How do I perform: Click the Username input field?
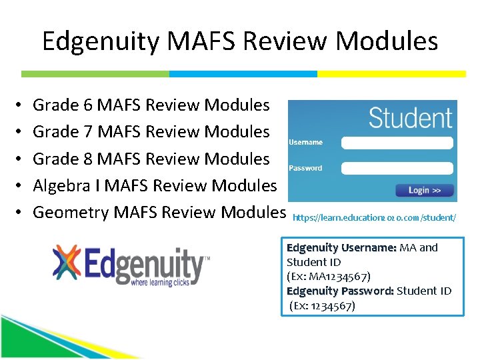point(397,143)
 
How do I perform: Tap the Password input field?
point(397,168)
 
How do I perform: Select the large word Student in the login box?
point(410,119)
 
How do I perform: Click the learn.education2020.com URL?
point(375,218)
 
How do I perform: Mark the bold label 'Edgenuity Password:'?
point(340,291)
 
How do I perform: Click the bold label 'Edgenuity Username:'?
point(341,247)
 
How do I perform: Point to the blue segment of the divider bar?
point(243,73)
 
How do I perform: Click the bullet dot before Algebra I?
point(19,186)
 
